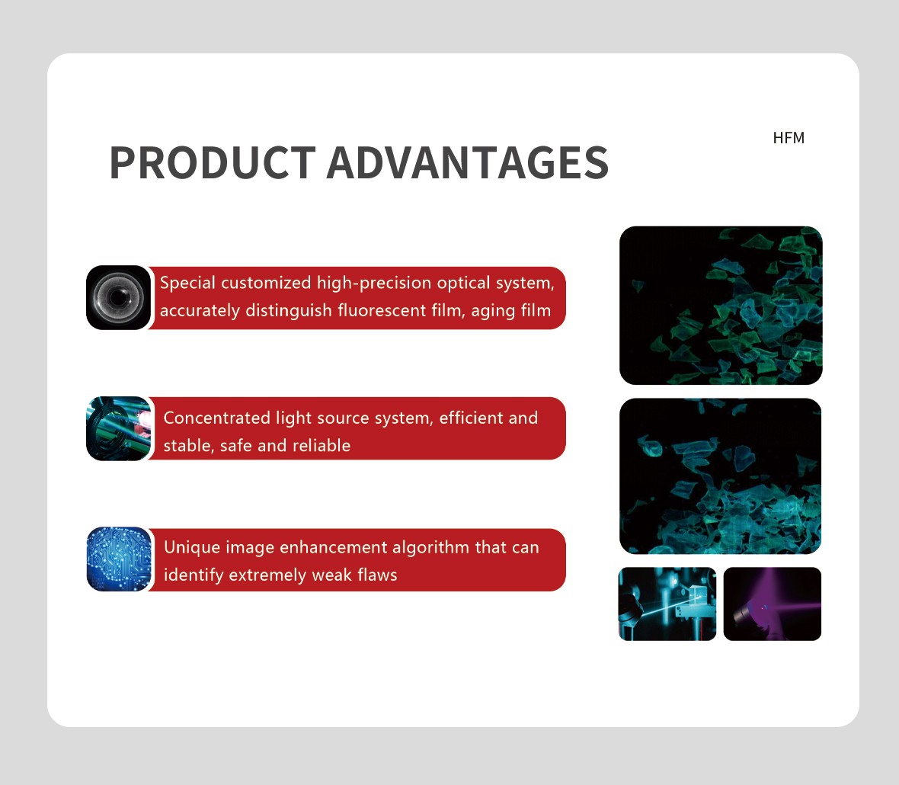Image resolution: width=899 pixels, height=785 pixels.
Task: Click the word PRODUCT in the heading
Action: pos(213,163)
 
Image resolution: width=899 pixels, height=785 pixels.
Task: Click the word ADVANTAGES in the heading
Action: pos(468,163)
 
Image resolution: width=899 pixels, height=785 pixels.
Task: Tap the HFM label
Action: pos(789,138)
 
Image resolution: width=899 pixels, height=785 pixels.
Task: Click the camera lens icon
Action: pos(118,297)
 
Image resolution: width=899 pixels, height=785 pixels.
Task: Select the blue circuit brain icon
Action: pos(119,559)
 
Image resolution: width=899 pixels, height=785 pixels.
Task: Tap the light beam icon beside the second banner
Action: pos(119,428)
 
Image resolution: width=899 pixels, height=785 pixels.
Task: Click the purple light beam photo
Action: pos(773,604)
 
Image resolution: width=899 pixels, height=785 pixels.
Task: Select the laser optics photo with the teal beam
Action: pos(667,604)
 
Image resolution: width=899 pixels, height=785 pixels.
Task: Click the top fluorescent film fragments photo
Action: pos(721,306)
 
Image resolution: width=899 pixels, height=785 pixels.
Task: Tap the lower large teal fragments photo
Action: pos(720,476)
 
